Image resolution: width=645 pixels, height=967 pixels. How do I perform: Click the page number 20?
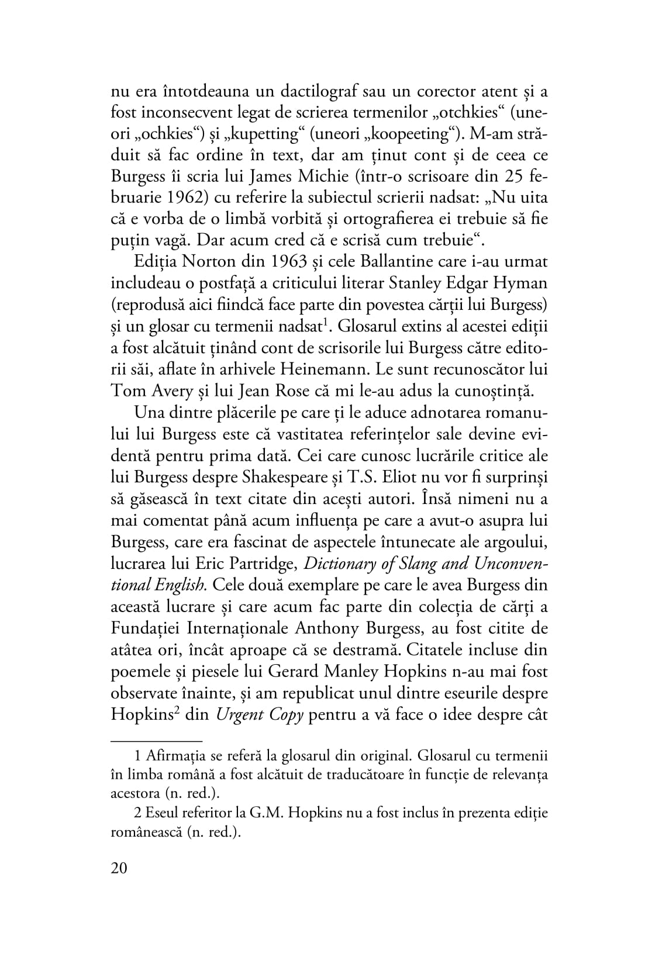(119, 868)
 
